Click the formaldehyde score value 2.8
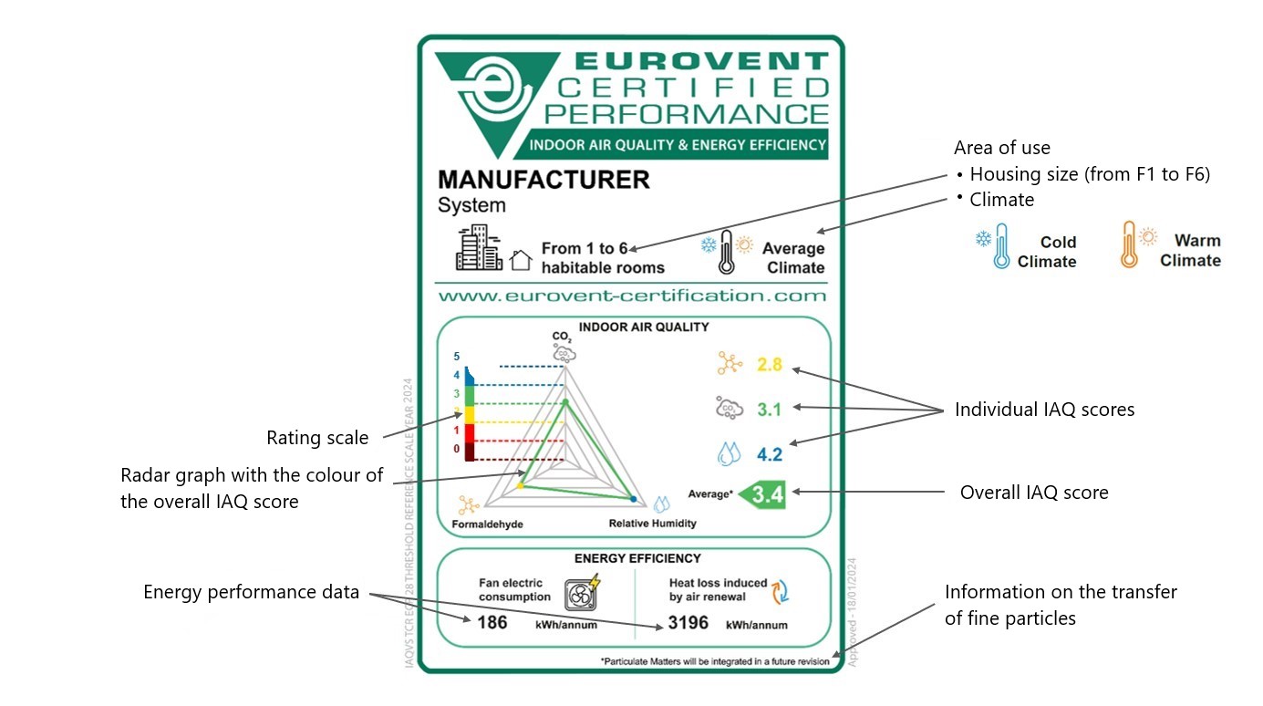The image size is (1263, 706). click(x=770, y=365)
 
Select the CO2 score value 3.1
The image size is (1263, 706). click(x=770, y=410)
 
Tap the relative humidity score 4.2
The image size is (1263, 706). click(x=769, y=452)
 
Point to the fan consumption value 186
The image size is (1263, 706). click(x=492, y=623)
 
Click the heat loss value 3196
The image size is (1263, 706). click(x=688, y=623)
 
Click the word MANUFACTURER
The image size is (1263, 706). click(x=544, y=179)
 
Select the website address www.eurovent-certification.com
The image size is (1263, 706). click(x=631, y=296)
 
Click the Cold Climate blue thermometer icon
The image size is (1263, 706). click(x=1002, y=246)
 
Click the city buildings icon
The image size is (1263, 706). click(x=479, y=248)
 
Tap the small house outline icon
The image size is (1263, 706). click(x=521, y=261)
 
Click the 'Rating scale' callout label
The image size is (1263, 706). click(x=317, y=438)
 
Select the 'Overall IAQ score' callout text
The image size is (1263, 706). click(x=1034, y=493)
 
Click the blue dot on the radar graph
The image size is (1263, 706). click(x=633, y=499)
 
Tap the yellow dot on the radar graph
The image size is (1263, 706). click(x=520, y=487)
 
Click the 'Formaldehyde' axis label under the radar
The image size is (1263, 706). click(x=487, y=524)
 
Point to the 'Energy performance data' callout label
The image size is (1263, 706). click(x=251, y=592)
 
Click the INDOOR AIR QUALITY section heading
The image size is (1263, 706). click(x=644, y=327)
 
